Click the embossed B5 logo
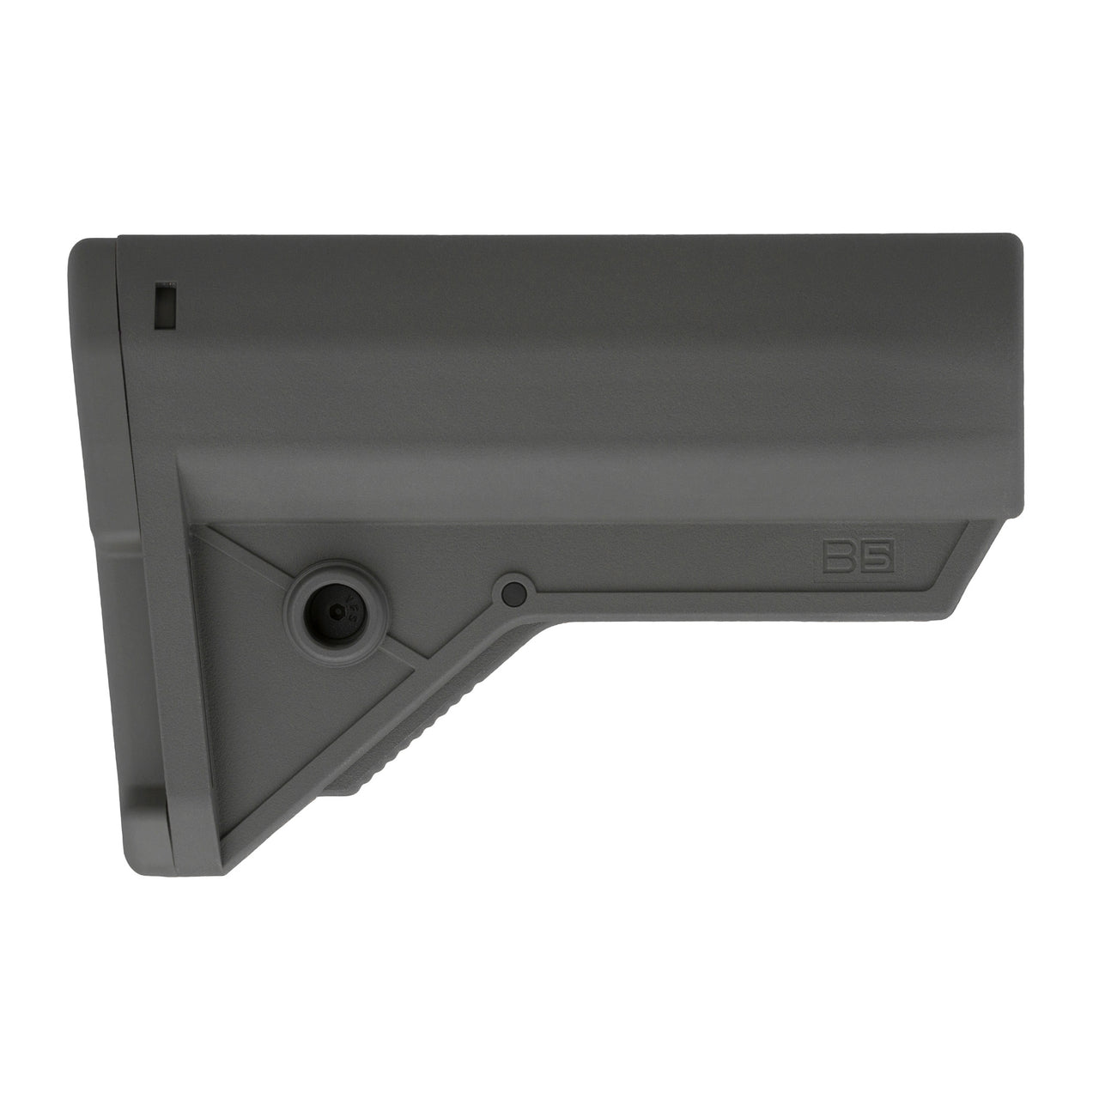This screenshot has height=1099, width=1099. coord(855,559)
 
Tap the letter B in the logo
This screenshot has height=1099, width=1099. coord(835,559)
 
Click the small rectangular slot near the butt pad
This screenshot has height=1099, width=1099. coord(164,305)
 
